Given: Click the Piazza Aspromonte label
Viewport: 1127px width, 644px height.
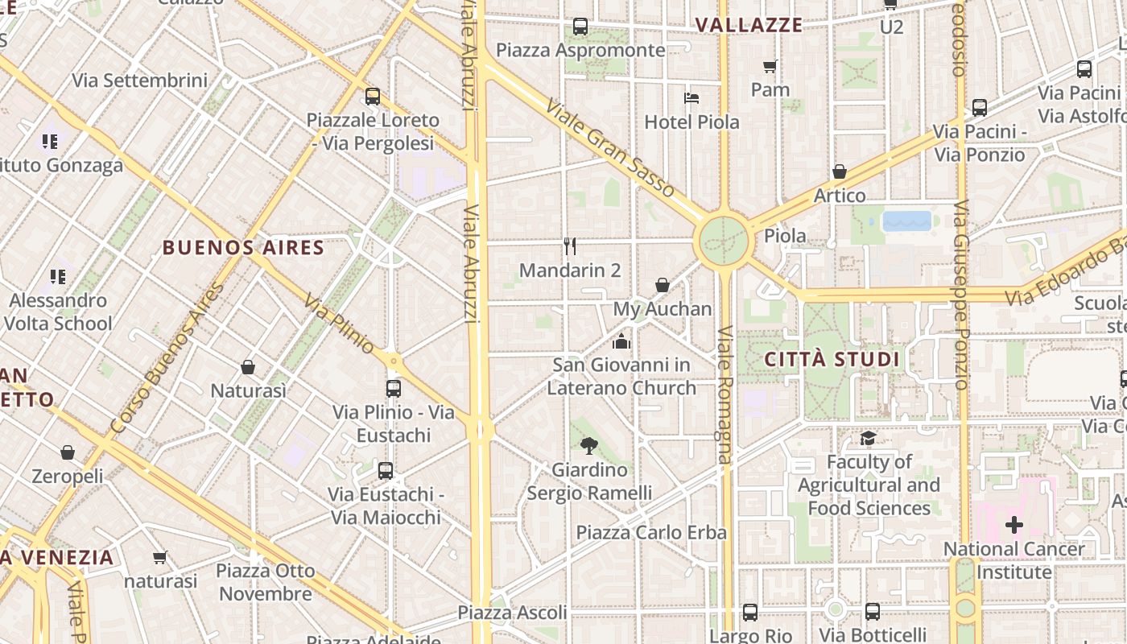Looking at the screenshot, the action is (580, 50).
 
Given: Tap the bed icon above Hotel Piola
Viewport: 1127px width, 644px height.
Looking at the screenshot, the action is (691, 98).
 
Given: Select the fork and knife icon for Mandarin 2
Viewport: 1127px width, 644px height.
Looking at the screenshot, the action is (570, 246).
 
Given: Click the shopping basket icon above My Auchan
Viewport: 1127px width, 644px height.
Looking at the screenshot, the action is (663, 284).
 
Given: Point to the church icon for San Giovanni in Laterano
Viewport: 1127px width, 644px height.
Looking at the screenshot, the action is (621, 341).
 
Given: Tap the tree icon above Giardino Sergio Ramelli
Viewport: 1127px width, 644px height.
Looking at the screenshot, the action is (589, 445).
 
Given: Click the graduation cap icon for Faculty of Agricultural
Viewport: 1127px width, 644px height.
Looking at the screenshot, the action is (868, 438).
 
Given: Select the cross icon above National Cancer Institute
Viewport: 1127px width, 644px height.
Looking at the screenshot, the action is (1014, 526).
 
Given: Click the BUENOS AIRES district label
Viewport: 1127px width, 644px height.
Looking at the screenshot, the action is (243, 247).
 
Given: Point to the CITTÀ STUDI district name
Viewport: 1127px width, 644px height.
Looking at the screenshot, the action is (832, 359).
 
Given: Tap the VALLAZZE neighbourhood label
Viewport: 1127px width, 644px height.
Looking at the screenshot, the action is (749, 25).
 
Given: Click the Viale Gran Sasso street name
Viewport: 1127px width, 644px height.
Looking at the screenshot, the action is (609, 148).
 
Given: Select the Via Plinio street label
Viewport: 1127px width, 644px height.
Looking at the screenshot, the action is (339, 324).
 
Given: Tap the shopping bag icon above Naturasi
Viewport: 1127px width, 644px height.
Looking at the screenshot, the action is (248, 367).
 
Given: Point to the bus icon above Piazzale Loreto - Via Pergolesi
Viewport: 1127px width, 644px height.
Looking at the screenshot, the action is (373, 97).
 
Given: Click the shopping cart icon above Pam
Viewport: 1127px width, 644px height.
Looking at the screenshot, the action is (770, 66).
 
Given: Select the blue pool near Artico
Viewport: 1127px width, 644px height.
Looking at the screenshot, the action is (907, 221).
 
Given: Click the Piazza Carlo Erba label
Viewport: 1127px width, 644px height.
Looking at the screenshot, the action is (651, 532).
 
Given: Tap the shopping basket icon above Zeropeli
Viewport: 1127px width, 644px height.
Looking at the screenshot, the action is (68, 452).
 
